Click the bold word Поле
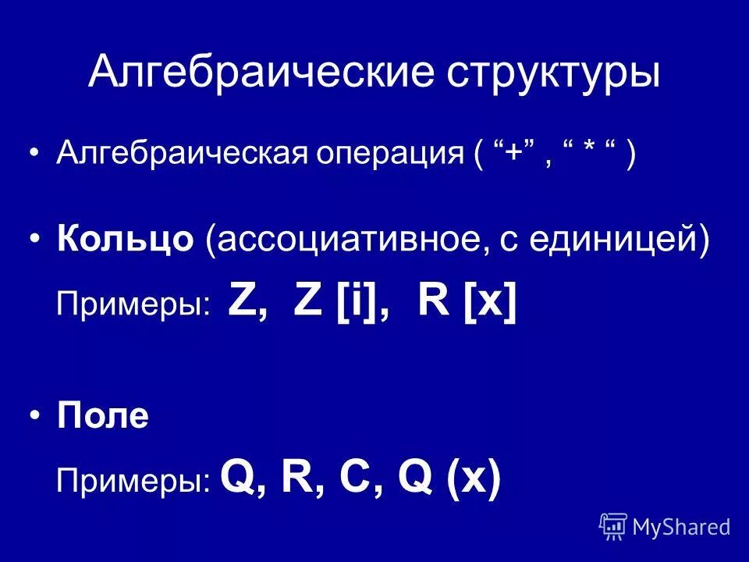tap(102, 418)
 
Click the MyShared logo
tap(665, 526)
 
